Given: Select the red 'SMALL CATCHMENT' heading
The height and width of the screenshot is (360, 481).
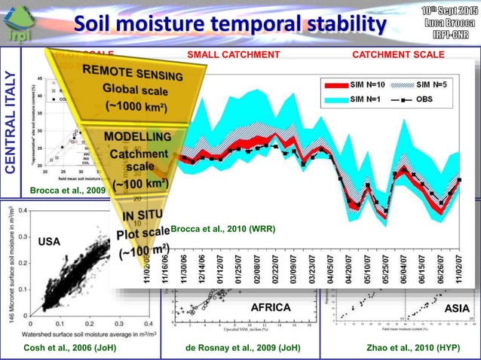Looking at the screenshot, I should pos(233,54).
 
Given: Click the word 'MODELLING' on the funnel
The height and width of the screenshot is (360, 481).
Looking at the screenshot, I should pos(137,136).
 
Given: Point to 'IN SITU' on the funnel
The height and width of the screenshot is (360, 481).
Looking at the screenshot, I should pos(137,216).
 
